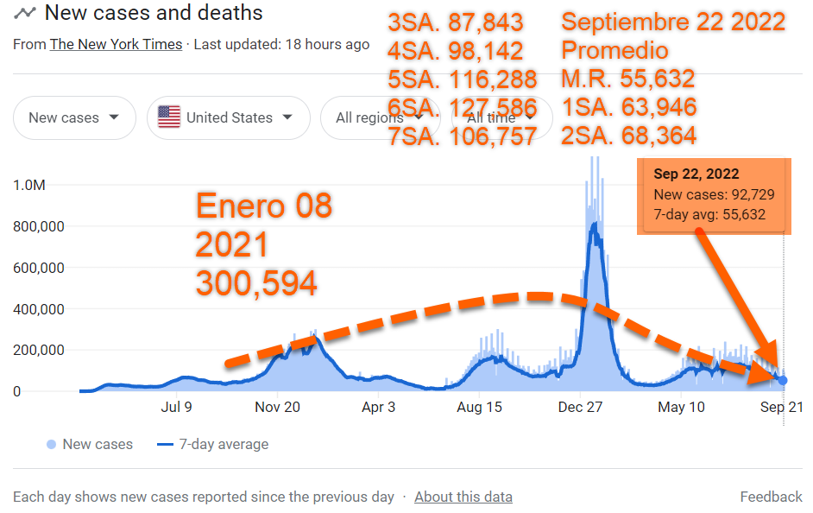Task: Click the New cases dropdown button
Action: click(x=74, y=117)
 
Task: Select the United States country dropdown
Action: click(x=228, y=117)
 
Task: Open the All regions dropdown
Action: click(x=371, y=118)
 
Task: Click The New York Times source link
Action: click(x=116, y=44)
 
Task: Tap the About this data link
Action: click(x=463, y=497)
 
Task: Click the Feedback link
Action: click(x=771, y=497)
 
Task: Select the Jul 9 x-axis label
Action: click(x=175, y=408)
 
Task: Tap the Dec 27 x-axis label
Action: click(x=581, y=408)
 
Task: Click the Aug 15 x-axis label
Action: click(x=480, y=408)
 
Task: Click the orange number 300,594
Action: click(x=255, y=283)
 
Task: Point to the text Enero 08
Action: click(x=263, y=207)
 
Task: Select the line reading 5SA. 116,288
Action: click(x=463, y=79)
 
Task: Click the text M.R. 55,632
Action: click(x=627, y=79)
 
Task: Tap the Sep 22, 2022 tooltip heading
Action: click(x=696, y=174)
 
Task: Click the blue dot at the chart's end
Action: click(x=782, y=380)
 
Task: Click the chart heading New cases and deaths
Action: click(x=154, y=13)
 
